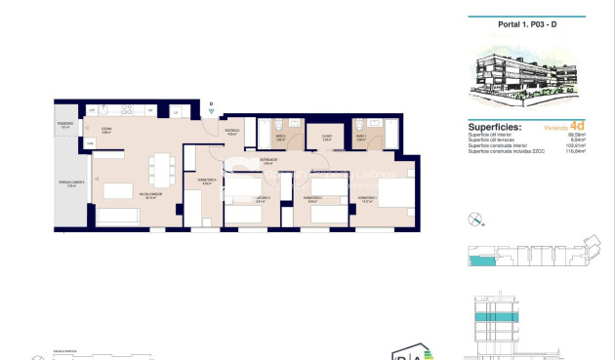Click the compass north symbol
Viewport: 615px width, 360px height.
click(475, 218)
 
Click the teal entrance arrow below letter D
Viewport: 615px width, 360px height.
click(211, 112)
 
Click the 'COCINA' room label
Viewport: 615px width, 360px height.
click(106, 129)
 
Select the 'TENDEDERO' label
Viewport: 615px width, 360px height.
click(65, 124)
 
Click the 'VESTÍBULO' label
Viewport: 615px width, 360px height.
click(232, 131)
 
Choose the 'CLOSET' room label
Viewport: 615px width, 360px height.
click(325, 137)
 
